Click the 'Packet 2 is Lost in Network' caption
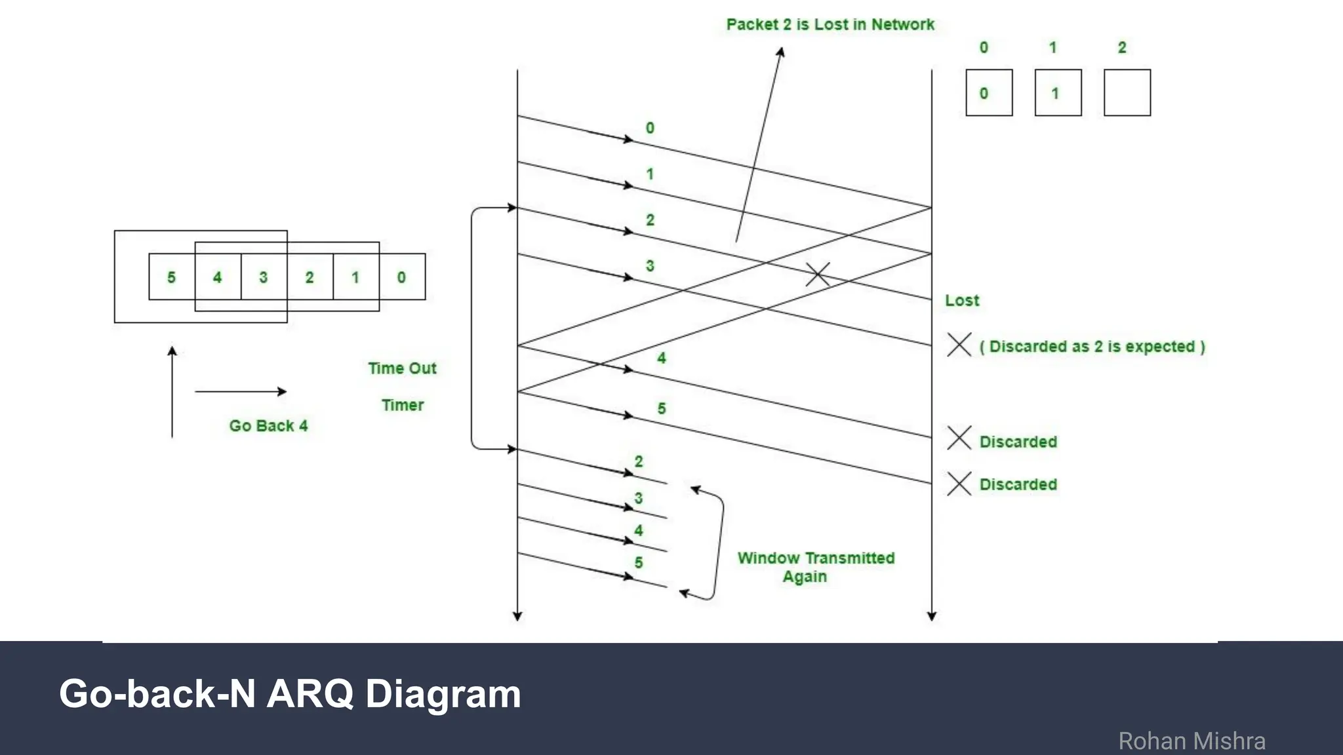(x=830, y=25)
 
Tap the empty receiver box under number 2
(x=1127, y=93)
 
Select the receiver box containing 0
(x=989, y=93)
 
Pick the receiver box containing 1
(x=1058, y=93)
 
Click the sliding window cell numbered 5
(x=171, y=277)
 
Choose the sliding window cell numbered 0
(x=402, y=277)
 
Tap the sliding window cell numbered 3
(x=264, y=277)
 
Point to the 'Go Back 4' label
(x=268, y=426)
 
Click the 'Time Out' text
(x=402, y=368)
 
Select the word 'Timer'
(x=403, y=405)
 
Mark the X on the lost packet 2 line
(x=818, y=275)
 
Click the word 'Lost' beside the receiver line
(x=961, y=301)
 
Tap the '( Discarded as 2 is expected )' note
(x=1092, y=347)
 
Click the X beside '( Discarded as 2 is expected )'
(x=959, y=345)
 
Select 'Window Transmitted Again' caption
(x=815, y=568)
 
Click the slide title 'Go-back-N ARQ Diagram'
(x=290, y=693)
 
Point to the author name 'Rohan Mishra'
(x=1192, y=741)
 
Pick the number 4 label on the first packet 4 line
(x=662, y=358)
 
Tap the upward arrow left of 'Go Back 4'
(x=172, y=392)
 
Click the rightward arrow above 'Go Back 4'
(x=241, y=392)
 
